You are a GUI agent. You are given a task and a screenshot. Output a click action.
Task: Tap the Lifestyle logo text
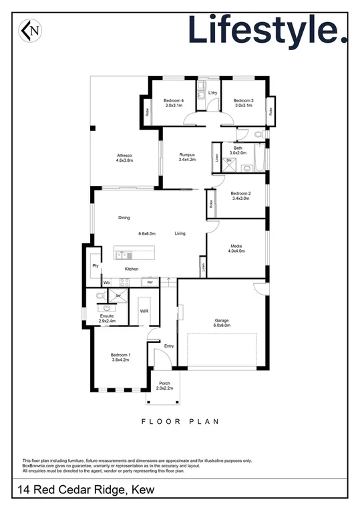[266, 29]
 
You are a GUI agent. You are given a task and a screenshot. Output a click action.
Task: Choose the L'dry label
[212, 93]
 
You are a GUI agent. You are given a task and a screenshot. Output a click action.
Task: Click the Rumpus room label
[187, 157]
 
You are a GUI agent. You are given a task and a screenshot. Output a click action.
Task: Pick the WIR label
[144, 311]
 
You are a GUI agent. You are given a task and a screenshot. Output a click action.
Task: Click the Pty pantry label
[96, 265]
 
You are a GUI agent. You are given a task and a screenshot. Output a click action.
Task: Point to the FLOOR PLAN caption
[180, 422]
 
